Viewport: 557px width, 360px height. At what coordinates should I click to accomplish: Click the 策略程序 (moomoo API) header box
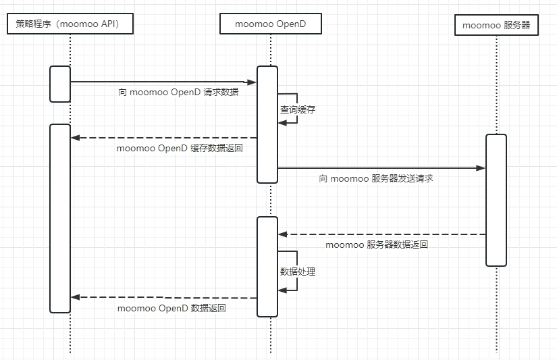pyautogui.click(x=70, y=24)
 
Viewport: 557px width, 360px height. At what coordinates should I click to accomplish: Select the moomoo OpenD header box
pyautogui.click(x=270, y=24)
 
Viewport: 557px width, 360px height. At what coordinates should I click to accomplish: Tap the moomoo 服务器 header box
pyautogui.click(x=496, y=25)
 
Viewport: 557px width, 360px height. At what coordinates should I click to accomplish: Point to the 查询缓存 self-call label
pyautogui.click(x=298, y=109)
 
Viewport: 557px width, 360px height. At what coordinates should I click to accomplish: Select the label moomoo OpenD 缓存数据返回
pyautogui.click(x=180, y=148)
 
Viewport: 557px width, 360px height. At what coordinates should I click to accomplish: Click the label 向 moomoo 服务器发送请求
pyautogui.click(x=376, y=178)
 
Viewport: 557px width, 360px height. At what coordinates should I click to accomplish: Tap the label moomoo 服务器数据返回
pyautogui.click(x=377, y=245)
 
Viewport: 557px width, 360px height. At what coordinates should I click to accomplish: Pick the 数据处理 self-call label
pyautogui.click(x=298, y=272)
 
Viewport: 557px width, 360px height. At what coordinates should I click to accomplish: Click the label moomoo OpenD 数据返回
pyautogui.click(x=171, y=308)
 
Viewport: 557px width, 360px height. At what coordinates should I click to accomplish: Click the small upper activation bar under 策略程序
pyautogui.click(x=60, y=84)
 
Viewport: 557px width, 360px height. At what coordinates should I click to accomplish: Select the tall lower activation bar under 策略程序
pyautogui.click(x=60, y=218)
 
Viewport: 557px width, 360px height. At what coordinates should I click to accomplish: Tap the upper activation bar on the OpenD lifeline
pyautogui.click(x=267, y=124)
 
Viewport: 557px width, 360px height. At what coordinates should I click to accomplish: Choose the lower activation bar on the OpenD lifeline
pyautogui.click(x=267, y=266)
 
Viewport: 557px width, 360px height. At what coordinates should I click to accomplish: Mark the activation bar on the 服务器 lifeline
pyautogui.click(x=496, y=200)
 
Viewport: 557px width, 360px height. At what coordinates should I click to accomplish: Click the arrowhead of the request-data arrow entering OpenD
pyautogui.click(x=253, y=82)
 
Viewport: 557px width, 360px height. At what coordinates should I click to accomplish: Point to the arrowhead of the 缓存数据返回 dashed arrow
pyautogui.click(x=76, y=138)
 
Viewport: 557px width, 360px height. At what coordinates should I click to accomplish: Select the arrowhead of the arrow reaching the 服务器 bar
pyautogui.click(x=481, y=168)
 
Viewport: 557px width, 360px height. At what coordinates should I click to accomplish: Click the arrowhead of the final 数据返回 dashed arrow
pyautogui.click(x=76, y=297)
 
